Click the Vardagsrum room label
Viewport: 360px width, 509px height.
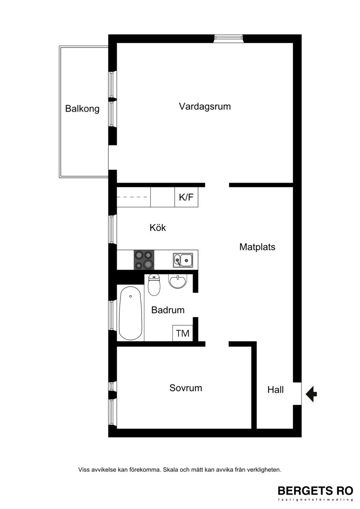(x=204, y=107)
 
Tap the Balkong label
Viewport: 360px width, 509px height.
(x=82, y=108)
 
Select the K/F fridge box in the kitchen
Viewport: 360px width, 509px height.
(x=186, y=197)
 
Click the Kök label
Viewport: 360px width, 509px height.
(x=157, y=228)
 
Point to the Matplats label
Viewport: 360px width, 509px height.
(x=257, y=247)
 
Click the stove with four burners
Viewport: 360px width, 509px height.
(x=144, y=260)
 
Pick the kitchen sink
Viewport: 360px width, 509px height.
(x=183, y=260)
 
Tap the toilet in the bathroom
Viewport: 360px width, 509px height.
(x=154, y=285)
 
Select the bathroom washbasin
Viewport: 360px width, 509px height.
(x=178, y=281)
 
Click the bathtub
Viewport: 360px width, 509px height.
(x=130, y=313)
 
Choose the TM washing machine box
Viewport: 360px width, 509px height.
(x=182, y=333)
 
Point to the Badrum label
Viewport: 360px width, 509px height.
(x=168, y=310)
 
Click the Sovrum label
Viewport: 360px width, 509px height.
(x=186, y=388)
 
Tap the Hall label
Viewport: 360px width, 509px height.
(x=275, y=390)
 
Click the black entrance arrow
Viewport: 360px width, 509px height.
(x=311, y=394)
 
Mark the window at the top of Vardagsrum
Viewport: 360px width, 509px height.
(x=229, y=39)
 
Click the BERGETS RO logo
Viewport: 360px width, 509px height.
(x=315, y=493)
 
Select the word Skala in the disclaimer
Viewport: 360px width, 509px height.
(x=170, y=469)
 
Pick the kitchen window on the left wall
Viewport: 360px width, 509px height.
(x=112, y=229)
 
